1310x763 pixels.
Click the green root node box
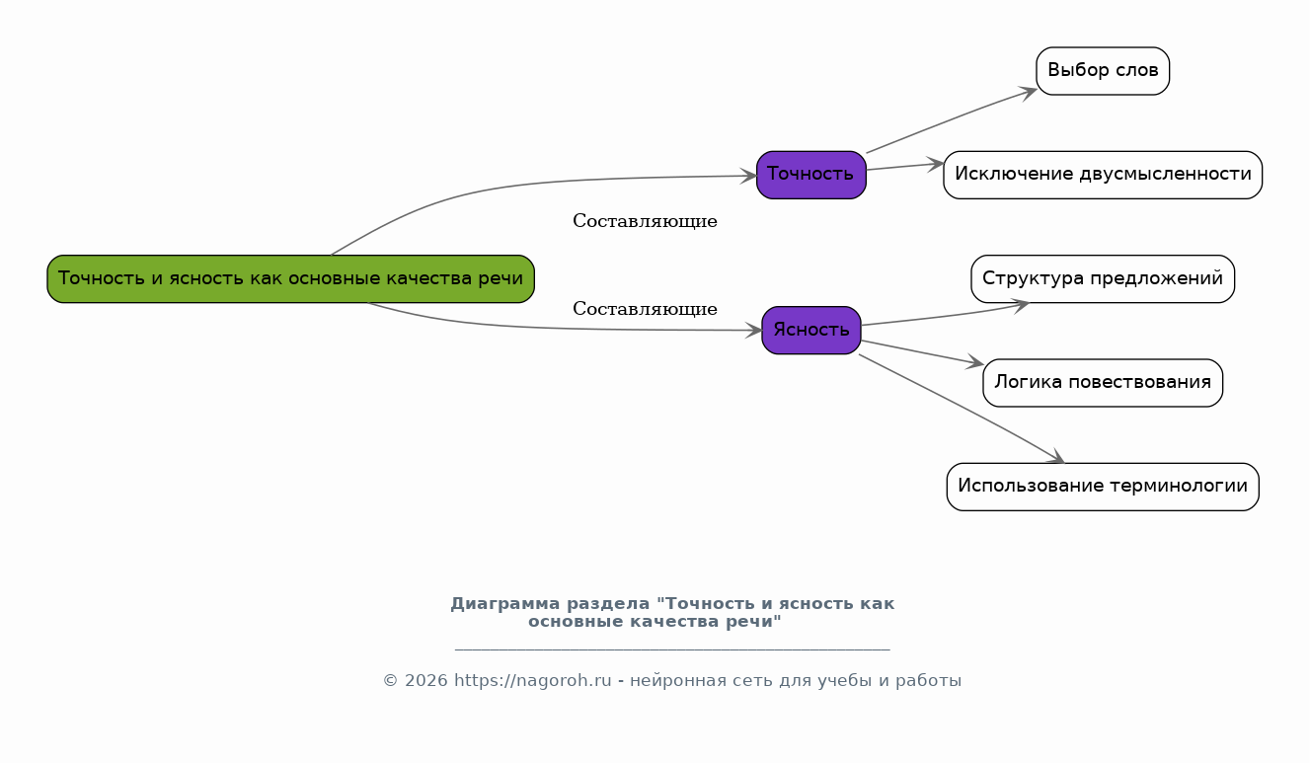click(290, 278)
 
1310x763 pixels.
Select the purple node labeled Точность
click(810, 175)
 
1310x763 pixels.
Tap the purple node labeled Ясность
click(810, 330)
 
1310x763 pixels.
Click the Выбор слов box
click(1102, 71)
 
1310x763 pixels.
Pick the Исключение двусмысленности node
click(1102, 175)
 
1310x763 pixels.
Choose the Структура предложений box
click(1102, 278)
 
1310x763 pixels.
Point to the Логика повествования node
click(1102, 382)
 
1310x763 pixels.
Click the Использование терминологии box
click(1102, 486)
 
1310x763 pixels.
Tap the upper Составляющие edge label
click(645, 221)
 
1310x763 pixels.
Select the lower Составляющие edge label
click(645, 309)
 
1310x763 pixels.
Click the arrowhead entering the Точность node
click(749, 176)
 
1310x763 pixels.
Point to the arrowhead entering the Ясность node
click(754, 330)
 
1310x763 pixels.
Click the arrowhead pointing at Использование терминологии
click(1056, 457)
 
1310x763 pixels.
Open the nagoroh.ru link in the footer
click(533, 681)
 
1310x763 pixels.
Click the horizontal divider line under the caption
click(671, 649)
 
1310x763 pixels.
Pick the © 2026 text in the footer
click(415, 681)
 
